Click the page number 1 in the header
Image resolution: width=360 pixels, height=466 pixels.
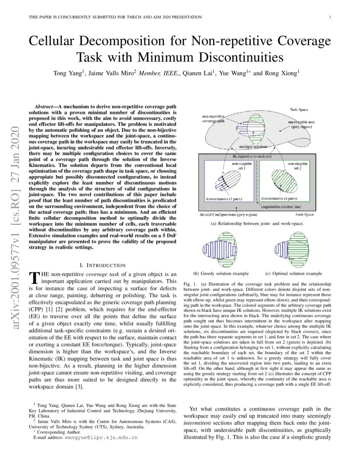point(330,17)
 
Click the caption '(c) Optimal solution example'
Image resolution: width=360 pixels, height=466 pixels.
point(294,274)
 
